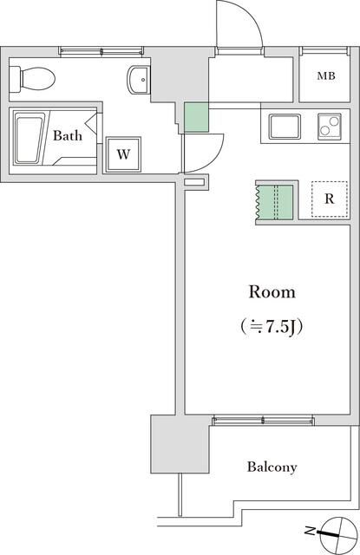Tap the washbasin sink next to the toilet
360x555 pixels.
pyautogui.click(x=138, y=81)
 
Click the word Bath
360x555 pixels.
pyautogui.click(x=68, y=136)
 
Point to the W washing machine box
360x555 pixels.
pyautogui.click(x=124, y=155)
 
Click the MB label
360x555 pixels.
pyautogui.click(x=325, y=76)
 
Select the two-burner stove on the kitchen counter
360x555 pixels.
pyautogui.click(x=328, y=127)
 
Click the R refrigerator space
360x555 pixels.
pyautogui.click(x=329, y=199)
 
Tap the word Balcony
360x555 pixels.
pyautogui.click(x=272, y=467)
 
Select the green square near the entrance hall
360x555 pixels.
pyautogui.click(x=196, y=118)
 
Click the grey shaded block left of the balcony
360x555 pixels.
pyautogui.click(x=180, y=445)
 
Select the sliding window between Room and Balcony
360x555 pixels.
pyautogui.click(x=264, y=420)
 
